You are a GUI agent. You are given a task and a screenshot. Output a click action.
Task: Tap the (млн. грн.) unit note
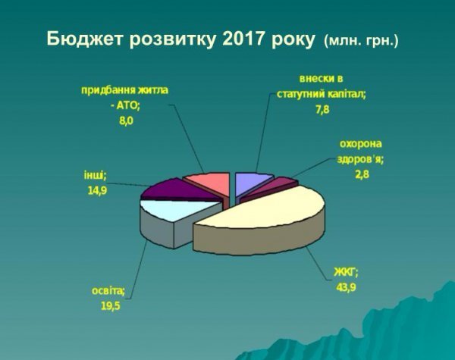pyautogui.click(x=360, y=39)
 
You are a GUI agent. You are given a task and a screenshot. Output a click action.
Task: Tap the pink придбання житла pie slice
pyautogui.click(x=209, y=182)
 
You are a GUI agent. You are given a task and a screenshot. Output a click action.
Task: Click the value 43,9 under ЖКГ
pyautogui.click(x=346, y=286)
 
